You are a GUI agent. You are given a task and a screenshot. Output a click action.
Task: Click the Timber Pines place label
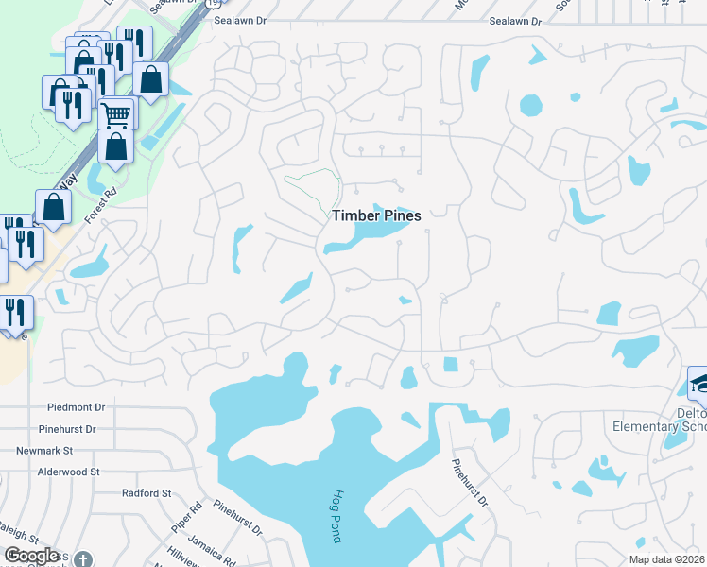(x=375, y=215)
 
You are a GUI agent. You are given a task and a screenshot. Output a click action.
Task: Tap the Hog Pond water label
(x=336, y=516)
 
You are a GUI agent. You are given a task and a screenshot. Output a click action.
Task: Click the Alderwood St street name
(x=68, y=472)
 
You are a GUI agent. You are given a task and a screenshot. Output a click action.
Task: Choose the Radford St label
(x=147, y=493)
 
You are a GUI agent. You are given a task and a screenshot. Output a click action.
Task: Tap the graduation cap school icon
(x=700, y=383)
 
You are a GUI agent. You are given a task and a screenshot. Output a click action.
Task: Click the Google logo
(x=31, y=556)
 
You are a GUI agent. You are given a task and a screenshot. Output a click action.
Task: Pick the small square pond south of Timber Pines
(x=450, y=365)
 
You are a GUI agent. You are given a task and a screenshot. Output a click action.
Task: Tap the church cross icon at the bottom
(x=83, y=559)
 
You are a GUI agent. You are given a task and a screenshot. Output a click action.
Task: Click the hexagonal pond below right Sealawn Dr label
(x=530, y=103)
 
